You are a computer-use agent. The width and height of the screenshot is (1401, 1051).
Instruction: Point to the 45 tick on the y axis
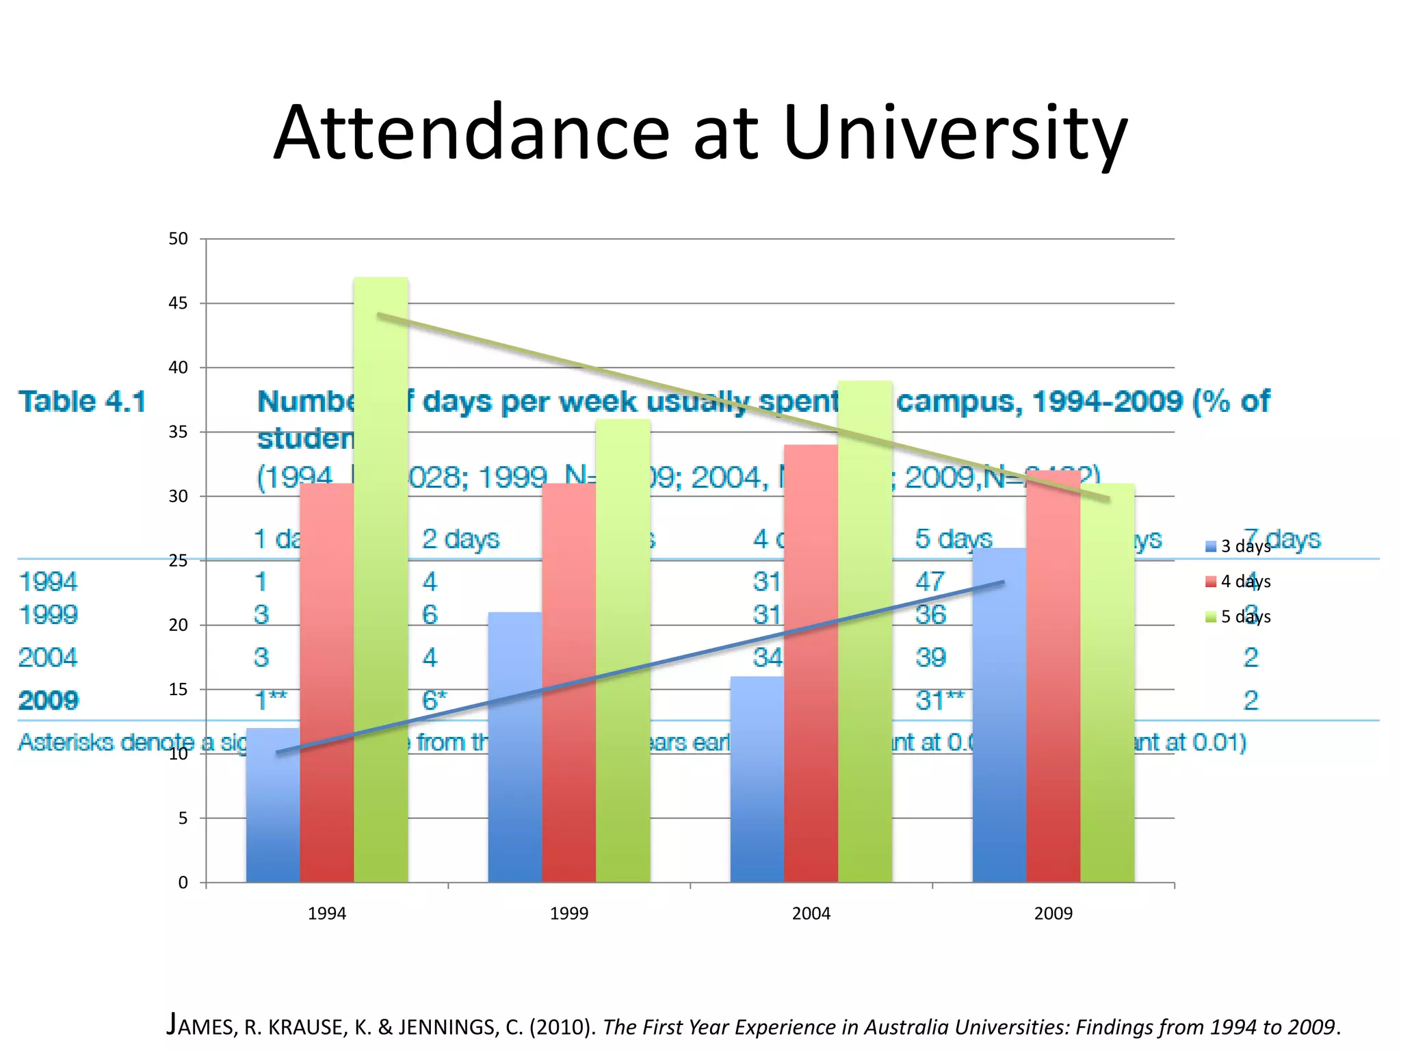coord(178,303)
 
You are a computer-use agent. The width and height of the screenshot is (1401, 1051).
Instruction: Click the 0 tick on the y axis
coord(183,883)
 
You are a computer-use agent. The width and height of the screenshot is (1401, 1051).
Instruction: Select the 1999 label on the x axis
coord(568,913)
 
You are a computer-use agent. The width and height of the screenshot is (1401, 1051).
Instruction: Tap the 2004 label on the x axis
coord(811,913)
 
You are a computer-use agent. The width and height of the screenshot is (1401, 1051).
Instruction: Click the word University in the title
coord(954,133)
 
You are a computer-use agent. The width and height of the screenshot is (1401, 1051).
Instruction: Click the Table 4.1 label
coord(82,401)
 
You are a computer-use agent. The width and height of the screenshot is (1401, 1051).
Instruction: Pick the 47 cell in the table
coord(930,582)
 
